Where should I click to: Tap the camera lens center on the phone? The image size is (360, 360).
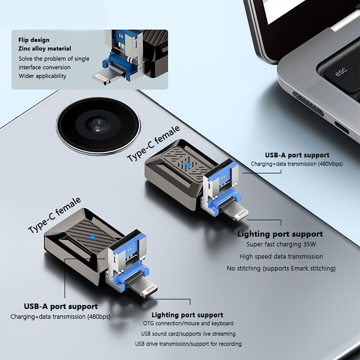coord(98,126)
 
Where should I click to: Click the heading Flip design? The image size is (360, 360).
coord(34,40)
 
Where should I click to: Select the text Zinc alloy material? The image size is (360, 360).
coord(45,49)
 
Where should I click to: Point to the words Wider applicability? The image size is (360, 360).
coord(42,76)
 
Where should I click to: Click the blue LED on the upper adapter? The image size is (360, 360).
coord(188,165)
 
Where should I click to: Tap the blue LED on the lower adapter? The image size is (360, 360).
coord(92,237)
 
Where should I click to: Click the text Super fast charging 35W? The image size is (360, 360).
coord(281,244)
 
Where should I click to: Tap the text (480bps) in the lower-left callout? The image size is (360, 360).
coord(99,317)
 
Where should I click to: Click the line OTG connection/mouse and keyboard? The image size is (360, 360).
coord(188,323)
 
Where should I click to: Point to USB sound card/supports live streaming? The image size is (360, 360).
coord(188,333)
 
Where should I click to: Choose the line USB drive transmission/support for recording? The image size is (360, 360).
coord(188,344)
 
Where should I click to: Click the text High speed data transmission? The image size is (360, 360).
coord(281,256)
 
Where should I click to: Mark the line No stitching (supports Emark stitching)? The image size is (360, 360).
coord(281,268)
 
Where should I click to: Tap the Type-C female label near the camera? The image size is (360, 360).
coord(153,144)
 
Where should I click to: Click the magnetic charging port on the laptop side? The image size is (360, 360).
coord(308,104)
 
